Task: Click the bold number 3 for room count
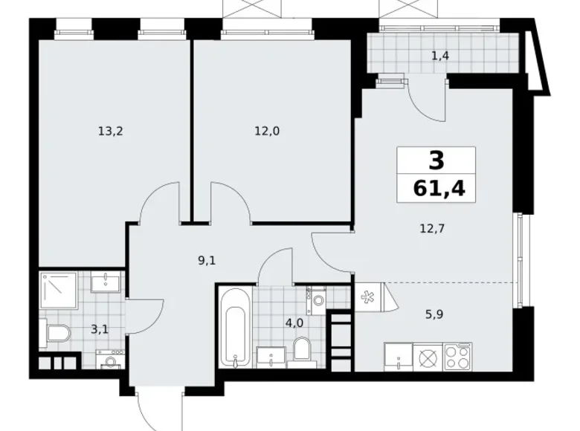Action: point(435,160)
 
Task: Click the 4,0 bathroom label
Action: point(294,323)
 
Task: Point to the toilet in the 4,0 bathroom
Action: point(302,349)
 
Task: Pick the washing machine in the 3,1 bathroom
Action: point(110,360)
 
